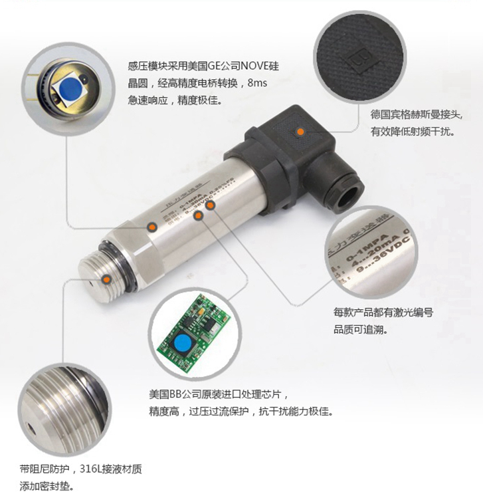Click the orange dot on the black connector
point(301,132)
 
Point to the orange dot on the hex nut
point(152,227)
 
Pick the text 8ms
point(257,84)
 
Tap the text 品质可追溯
point(359,330)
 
